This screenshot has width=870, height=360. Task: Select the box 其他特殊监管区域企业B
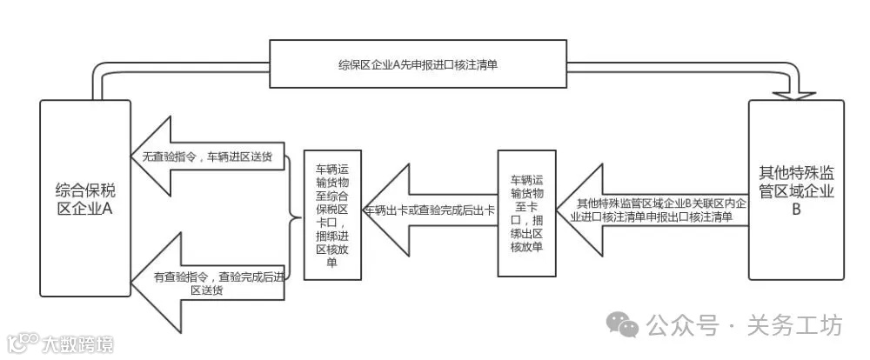pyautogui.click(x=796, y=190)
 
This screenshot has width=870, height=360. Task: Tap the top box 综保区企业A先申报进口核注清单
pyautogui.click(x=423, y=64)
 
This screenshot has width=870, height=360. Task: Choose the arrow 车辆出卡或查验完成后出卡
pyautogui.click(x=431, y=210)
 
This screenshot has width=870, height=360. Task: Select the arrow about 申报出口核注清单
pyautogui.click(x=658, y=210)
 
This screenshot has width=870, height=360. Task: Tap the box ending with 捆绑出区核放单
pyautogui.click(x=525, y=212)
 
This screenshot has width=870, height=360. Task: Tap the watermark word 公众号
pyautogui.click(x=682, y=326)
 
